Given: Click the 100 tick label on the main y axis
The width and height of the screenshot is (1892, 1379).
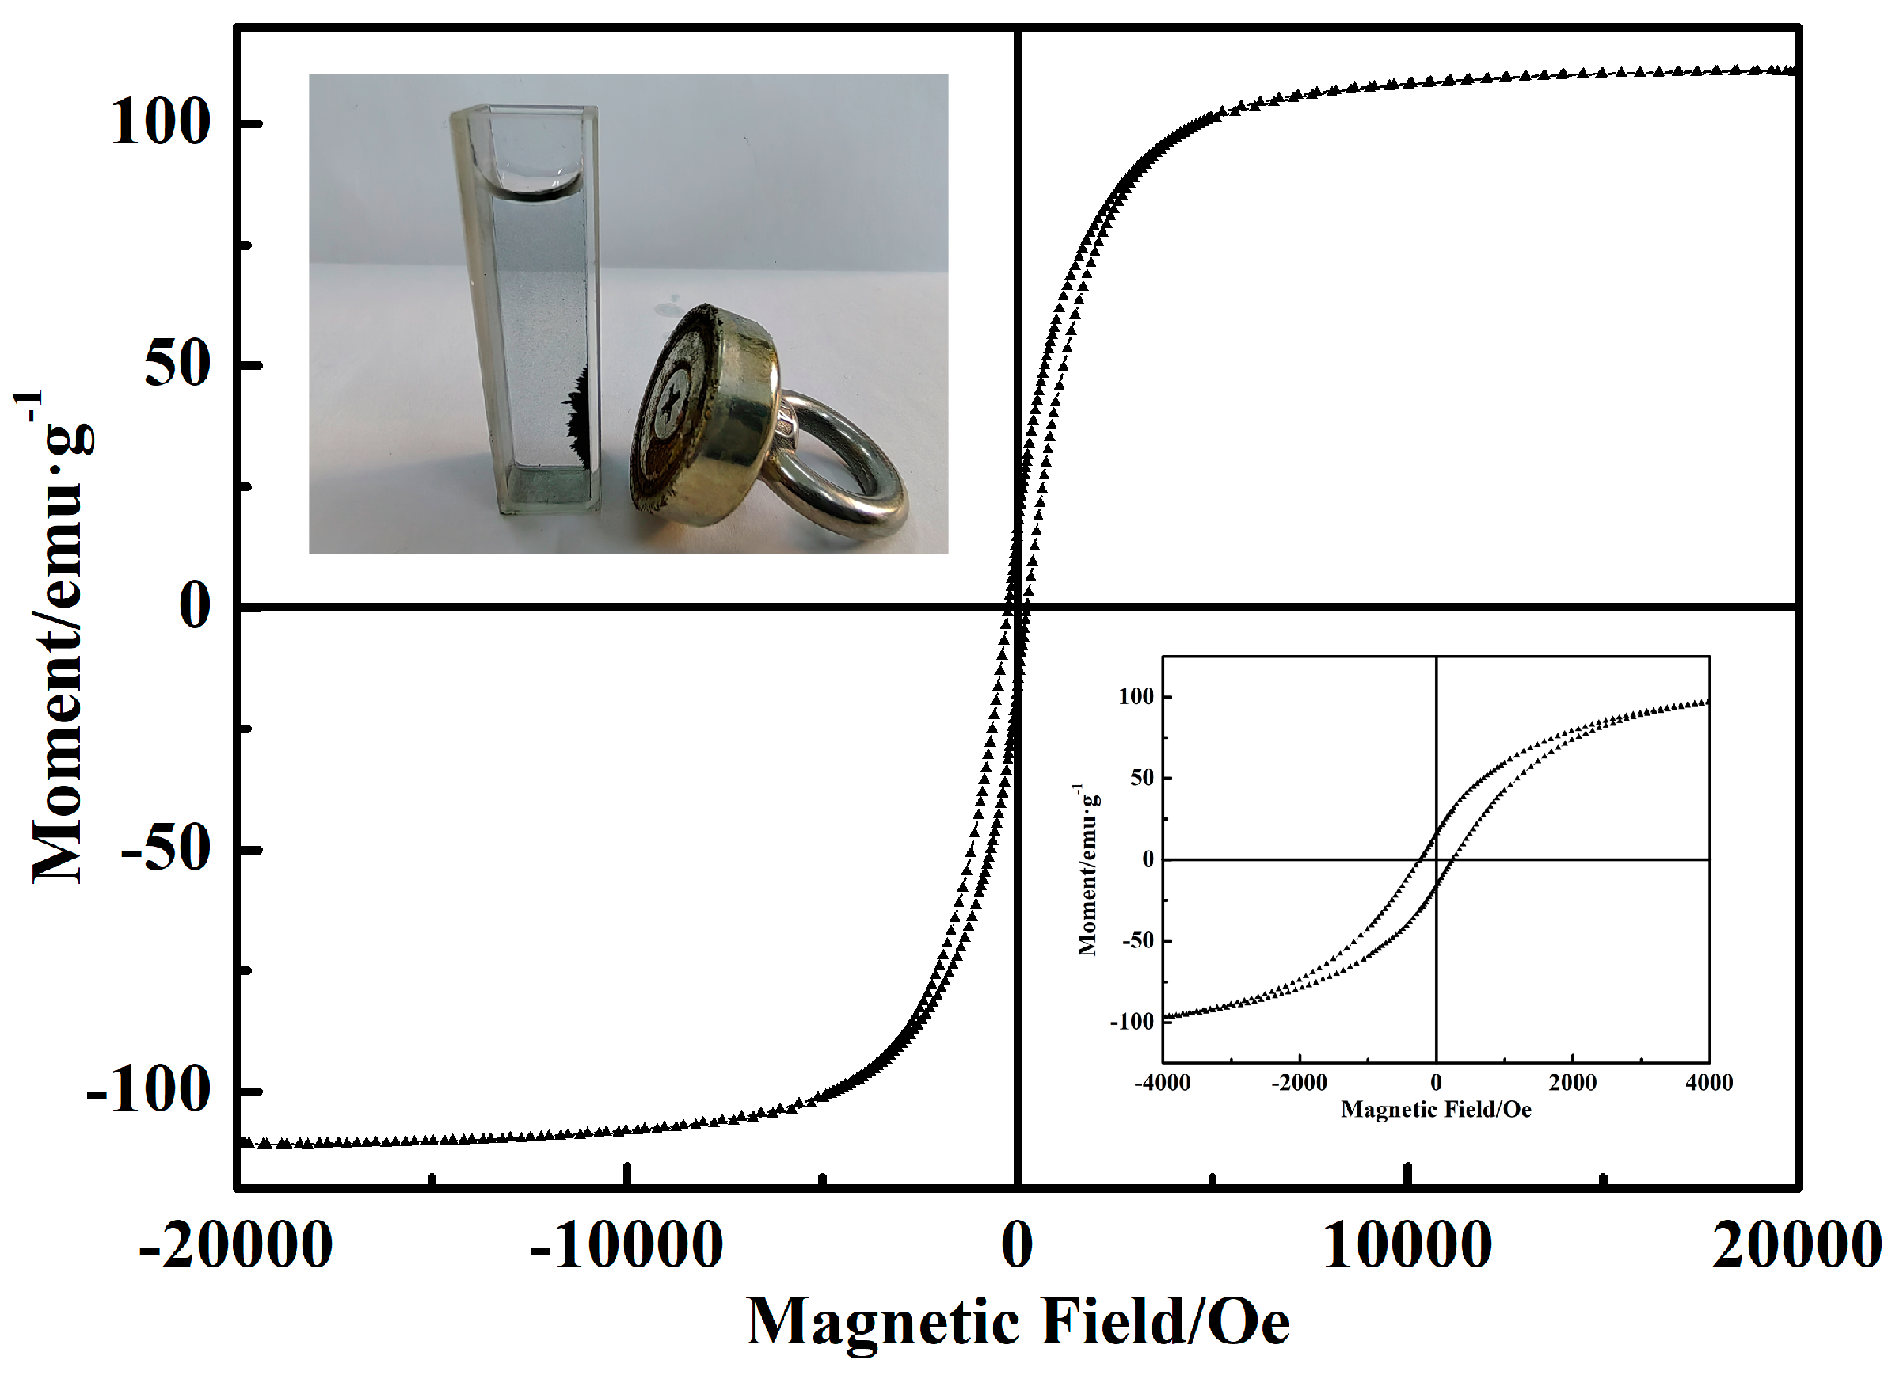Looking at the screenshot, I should click(159, 122).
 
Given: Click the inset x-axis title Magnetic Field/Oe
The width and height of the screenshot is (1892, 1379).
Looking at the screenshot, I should click(1436, 1110).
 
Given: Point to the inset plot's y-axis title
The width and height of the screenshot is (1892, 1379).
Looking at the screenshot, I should click(1087, 869).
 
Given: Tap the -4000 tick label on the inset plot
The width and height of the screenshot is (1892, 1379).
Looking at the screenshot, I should click(1162, 1083).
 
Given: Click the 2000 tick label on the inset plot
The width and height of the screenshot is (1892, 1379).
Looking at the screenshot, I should click(1572, 1083).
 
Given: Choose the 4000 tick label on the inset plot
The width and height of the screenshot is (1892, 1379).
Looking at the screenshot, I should click(1709, 1083).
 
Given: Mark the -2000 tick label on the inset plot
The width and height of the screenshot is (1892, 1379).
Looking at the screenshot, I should click(1299, 1083).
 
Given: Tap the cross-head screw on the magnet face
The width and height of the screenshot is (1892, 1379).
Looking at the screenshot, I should click(668, 406).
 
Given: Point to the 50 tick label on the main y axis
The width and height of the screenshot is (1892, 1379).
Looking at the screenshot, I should click(177, 365).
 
